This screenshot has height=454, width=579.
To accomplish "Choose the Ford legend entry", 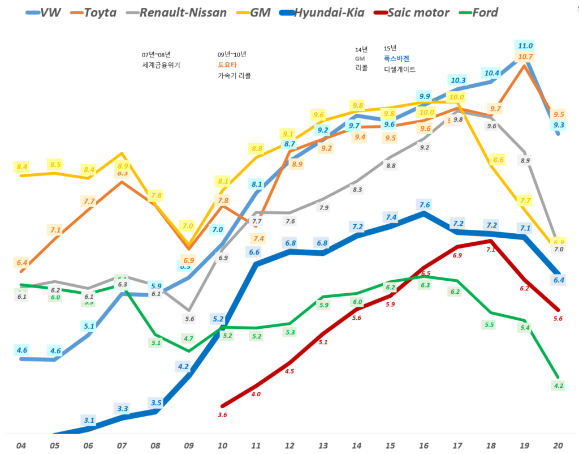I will click(485, 12).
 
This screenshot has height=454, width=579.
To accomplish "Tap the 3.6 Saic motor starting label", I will click(222, 415).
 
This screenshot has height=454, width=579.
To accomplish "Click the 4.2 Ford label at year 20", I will click(559, 386).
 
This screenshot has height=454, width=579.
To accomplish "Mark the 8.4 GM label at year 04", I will click(23, 166).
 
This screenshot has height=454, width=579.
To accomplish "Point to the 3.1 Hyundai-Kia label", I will click(89, 420).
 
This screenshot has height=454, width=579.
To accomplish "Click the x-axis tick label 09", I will click(189, 445).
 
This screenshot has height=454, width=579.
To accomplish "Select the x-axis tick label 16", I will click(424, 445).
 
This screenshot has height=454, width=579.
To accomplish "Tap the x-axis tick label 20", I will click(558, 445).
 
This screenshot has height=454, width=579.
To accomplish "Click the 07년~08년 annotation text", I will click(157, 55).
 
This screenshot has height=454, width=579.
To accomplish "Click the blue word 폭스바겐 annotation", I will click(395, 59).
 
